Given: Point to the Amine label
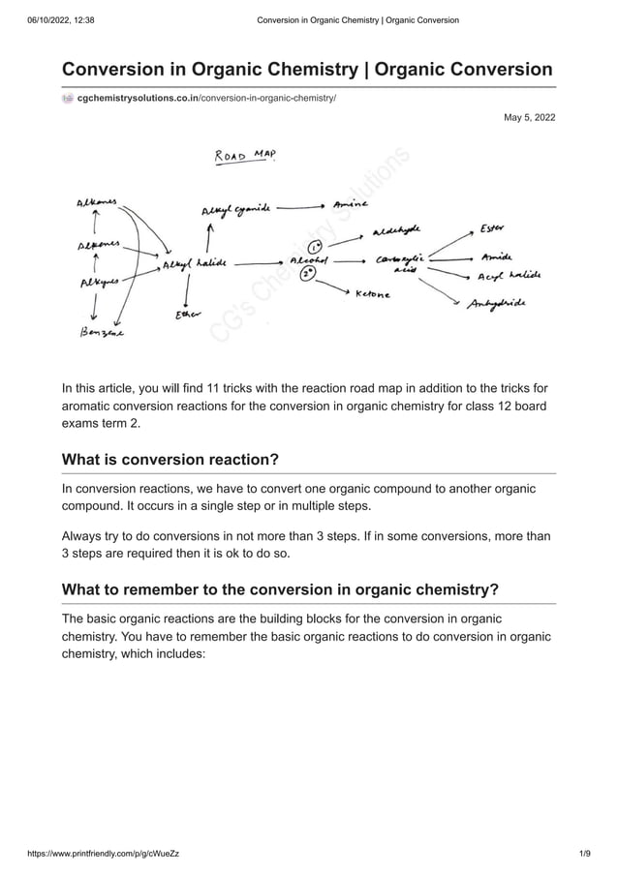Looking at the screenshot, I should click(350, 205).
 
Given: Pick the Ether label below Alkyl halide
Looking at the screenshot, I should click(183, 315).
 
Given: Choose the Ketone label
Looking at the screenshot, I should click(373, 293).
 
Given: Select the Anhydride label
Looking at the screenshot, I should click(498, 303).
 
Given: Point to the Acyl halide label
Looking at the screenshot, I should click(510, 276).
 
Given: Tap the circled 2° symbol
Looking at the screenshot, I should click(308, 274).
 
